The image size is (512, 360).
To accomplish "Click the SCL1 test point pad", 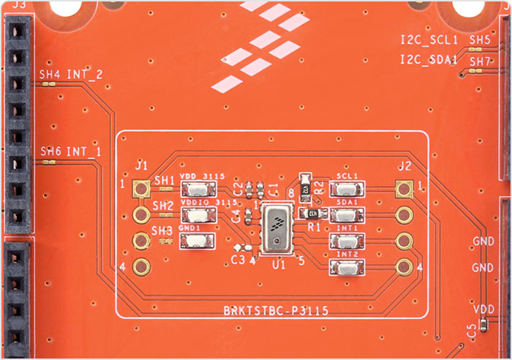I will point(347,190).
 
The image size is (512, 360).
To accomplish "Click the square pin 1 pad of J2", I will point(402,190).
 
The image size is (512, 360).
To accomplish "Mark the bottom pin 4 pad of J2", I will point(402,268).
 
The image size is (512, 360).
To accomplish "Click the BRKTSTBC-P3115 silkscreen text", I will point(275,310).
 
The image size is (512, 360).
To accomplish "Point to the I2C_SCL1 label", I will point(429,40).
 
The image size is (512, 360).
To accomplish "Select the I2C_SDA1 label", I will point(429,60).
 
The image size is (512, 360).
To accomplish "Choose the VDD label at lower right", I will point(483,309).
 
